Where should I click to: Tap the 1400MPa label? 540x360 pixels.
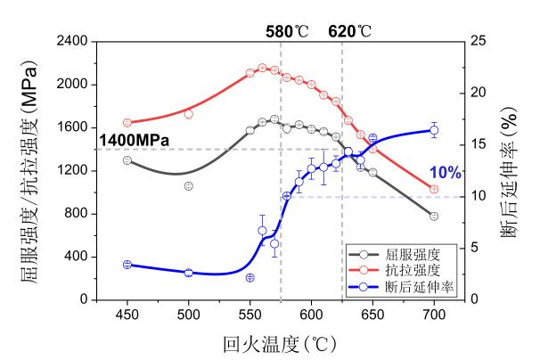pyautogui.click(x=135, y=140)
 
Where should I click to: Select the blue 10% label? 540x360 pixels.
pyautogui.click(x=445, y=173)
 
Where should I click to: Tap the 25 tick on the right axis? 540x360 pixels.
pyautogui.click(x=479, y=42)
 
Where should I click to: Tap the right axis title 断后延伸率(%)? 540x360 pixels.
pyautogui.click(x=514, y=169)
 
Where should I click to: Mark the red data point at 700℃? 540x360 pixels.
pyautogui.click(x=434, y=189)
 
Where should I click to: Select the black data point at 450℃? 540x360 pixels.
pyautogui.click(x=127, y=160)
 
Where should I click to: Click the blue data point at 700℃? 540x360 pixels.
pyautogui.click(x=434, y=130)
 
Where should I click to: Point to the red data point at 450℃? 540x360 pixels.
pyautogui.click(x=127, y=122)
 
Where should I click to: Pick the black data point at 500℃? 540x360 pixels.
pyautogui.click(x=189, y=185)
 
